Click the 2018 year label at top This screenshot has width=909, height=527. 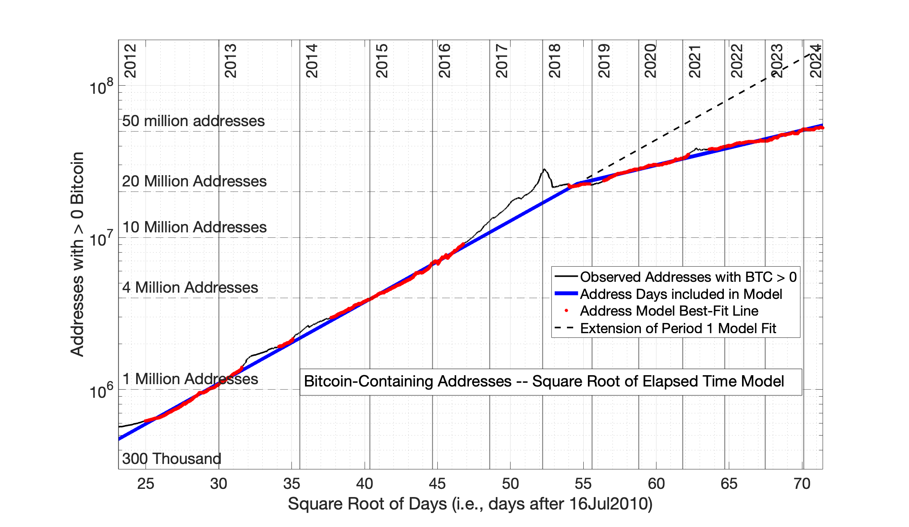(555, 61)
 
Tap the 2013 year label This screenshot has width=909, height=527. (231, 61)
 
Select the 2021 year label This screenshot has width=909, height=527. (695, 61)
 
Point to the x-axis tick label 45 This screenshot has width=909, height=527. (437, 484)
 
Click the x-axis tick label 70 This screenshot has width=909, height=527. (802, 484)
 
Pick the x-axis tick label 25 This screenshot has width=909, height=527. (146, 484)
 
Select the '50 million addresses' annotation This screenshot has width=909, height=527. (193, 121)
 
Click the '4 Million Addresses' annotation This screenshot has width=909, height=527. (190, 288)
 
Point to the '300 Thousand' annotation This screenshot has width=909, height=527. (172, 459)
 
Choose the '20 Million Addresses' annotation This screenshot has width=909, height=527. (194, 181)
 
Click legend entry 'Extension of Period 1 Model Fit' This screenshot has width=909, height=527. (678, 328)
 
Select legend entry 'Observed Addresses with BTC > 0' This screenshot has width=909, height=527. (688, 277)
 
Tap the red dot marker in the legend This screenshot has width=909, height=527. (566, 311)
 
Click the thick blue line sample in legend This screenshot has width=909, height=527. (566, 294)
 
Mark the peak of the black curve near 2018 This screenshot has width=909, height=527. (544, 169)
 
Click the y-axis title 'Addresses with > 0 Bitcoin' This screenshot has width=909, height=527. (77, 254)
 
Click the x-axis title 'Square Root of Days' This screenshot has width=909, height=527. (470, 504)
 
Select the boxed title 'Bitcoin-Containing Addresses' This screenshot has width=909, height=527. (544, 381)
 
